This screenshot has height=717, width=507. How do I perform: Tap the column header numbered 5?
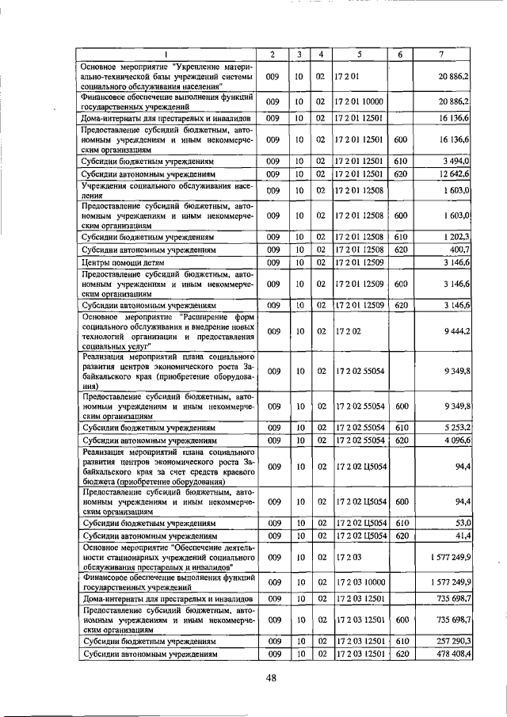pyautogui.click(x=359, y=54)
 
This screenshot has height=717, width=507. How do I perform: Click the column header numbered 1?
pyautogui.click(x=167, y=54)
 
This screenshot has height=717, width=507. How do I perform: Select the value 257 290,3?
pyautogui.click(x=451, y=642)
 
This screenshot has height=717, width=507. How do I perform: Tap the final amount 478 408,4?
pyautogui.click(x=451, y=654)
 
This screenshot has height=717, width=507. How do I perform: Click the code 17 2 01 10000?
pyautogui.click(x=359, y=103)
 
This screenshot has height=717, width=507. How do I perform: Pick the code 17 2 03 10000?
pyautogui.click(x=359, y=583)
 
